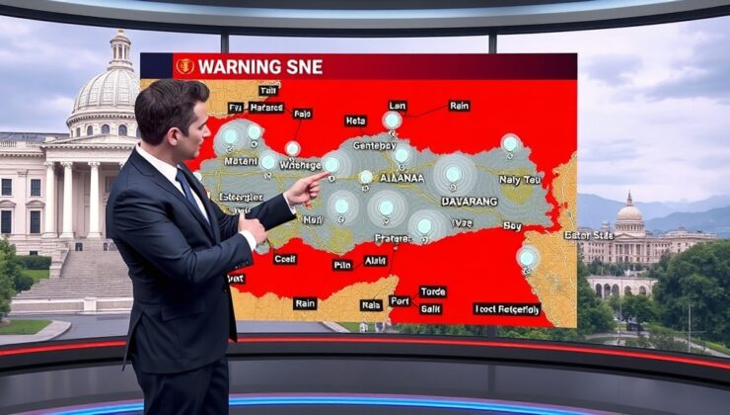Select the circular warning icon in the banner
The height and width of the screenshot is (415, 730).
click(184, 66)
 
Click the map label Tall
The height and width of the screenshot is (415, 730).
click(267, 90)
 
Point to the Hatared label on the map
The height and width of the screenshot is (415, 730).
click(266, 107)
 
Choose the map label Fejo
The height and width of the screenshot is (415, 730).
click(302, 114)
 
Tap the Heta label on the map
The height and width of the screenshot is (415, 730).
click(355, 121)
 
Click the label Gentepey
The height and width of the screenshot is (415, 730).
click(374, 145)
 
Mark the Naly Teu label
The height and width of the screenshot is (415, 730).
click(519, 181)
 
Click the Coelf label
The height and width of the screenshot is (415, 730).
click(285, 259)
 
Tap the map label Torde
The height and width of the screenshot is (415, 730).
click(432, 291)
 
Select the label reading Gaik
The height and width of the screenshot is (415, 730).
click(431, 309)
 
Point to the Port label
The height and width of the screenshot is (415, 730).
click(400, 300)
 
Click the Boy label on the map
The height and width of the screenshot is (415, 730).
click(512, 225)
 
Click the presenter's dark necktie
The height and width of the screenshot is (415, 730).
click(187, 188)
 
